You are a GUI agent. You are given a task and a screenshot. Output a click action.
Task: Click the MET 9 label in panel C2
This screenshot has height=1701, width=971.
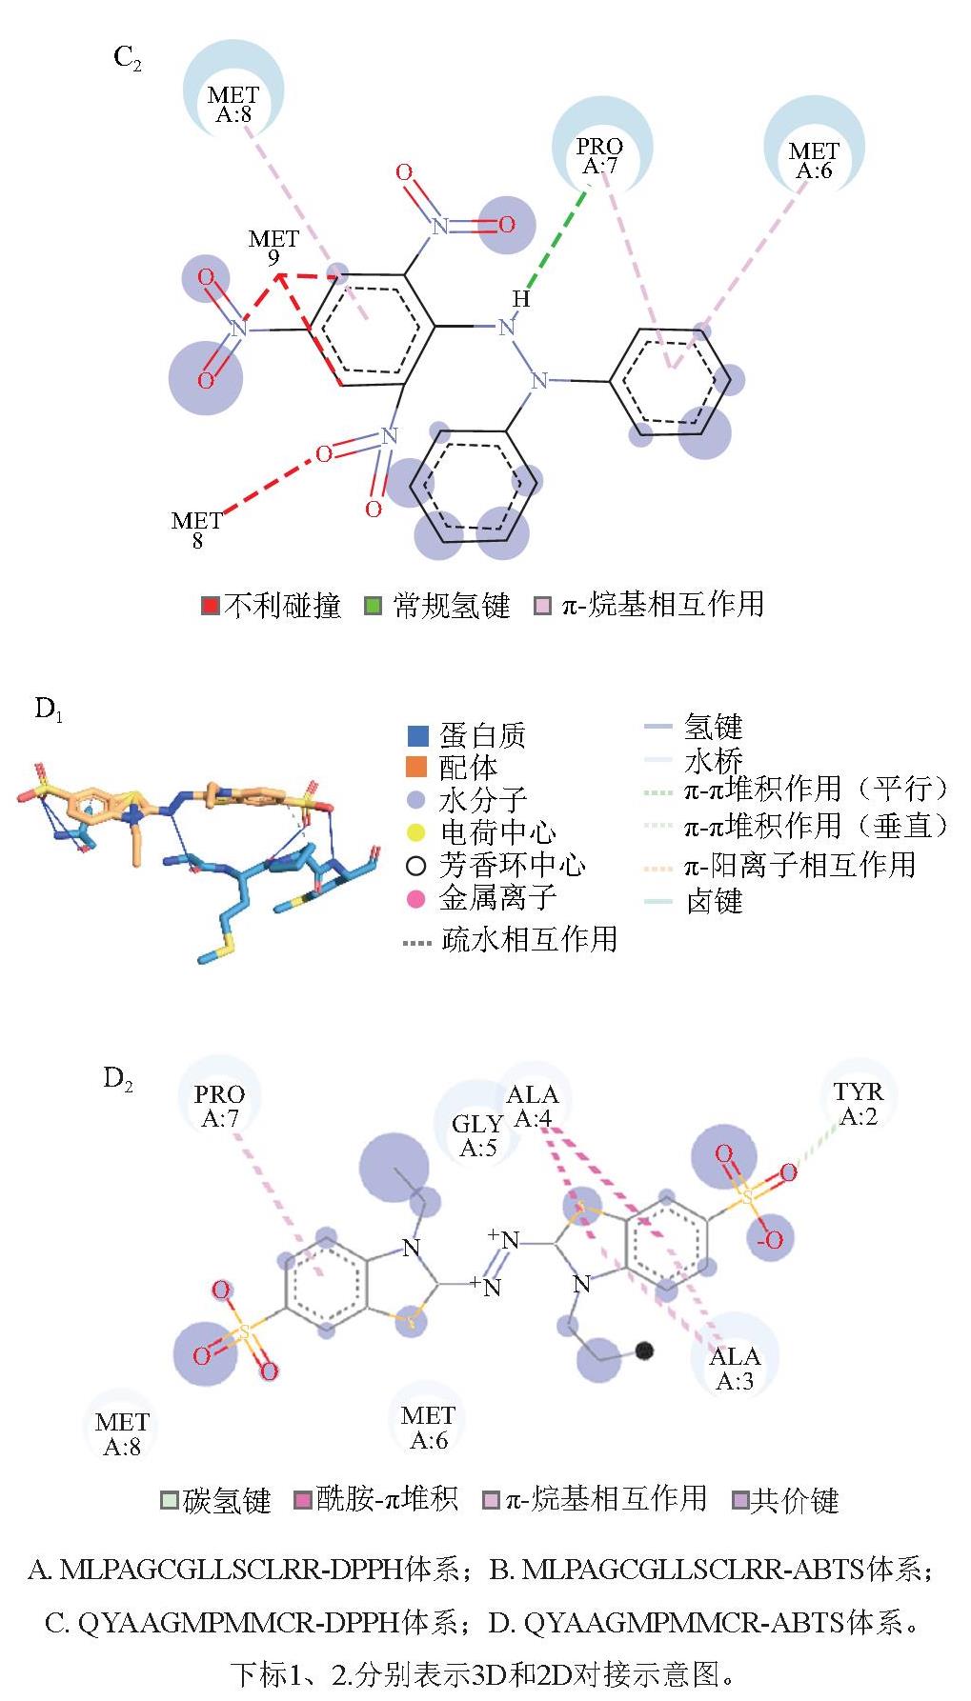point(273,248)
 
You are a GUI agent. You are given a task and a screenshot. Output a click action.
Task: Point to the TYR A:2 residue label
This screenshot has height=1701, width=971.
point(859,1103)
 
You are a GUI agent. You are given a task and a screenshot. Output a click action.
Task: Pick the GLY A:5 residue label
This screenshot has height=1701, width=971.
point(477,1135)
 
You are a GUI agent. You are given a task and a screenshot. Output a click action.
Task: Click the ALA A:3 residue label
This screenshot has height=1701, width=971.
point(735,1368)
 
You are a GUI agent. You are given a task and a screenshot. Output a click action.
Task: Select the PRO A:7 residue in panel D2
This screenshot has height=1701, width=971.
point(219,1105)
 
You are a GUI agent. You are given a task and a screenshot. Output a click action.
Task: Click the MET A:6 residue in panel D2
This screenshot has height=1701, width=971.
point(428,1427)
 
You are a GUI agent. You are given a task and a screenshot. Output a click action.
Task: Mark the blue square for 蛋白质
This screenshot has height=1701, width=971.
point(417,735)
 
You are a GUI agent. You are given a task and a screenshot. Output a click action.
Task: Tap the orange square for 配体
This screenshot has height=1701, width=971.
point(417,767)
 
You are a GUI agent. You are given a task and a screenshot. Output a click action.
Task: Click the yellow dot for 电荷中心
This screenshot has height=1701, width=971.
point(416,832)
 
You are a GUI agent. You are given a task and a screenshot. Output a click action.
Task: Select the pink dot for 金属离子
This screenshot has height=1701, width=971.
point(416,897)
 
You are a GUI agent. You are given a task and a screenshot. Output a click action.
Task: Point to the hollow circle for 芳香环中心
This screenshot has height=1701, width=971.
point(415,865)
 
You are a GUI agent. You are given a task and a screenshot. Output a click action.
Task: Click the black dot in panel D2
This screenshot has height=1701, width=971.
point(644,1350)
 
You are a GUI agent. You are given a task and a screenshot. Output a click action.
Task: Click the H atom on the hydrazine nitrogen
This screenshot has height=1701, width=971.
point(521,299)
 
